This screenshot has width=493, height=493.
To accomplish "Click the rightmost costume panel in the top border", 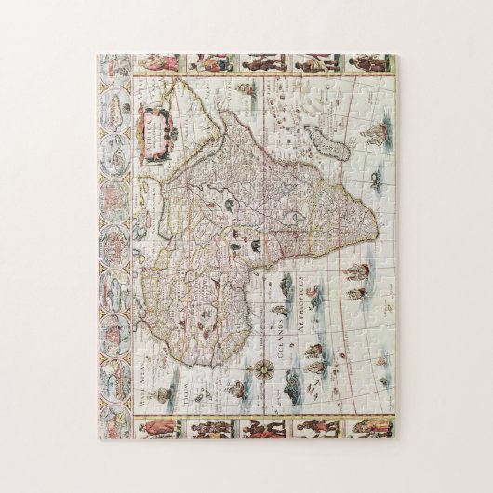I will point(365,64).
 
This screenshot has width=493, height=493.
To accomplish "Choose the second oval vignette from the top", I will point(115,104).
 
